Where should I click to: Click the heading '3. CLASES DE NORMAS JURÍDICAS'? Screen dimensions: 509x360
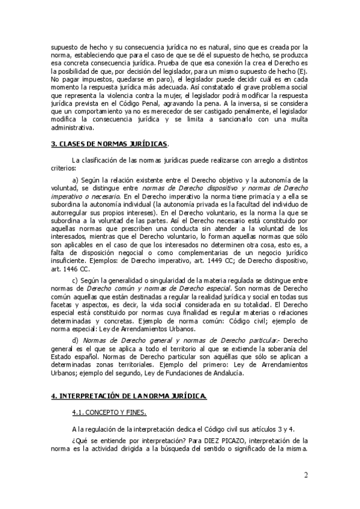(x=110, y=144)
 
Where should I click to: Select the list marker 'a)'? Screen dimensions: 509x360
(x=76, y=179)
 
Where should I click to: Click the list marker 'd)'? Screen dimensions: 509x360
(x=76, y=340)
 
